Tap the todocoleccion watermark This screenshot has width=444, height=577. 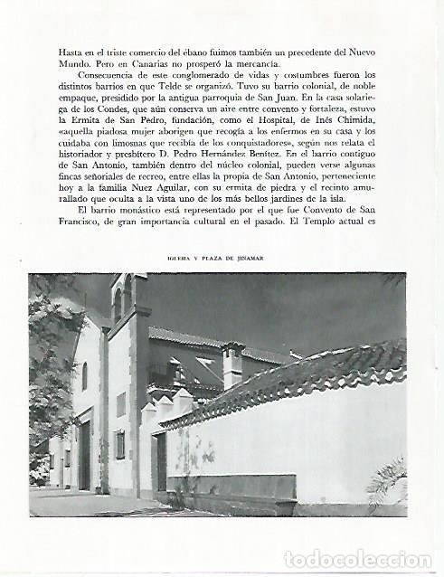tap(359, 559)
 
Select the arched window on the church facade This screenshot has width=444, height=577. tap(83, 374)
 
